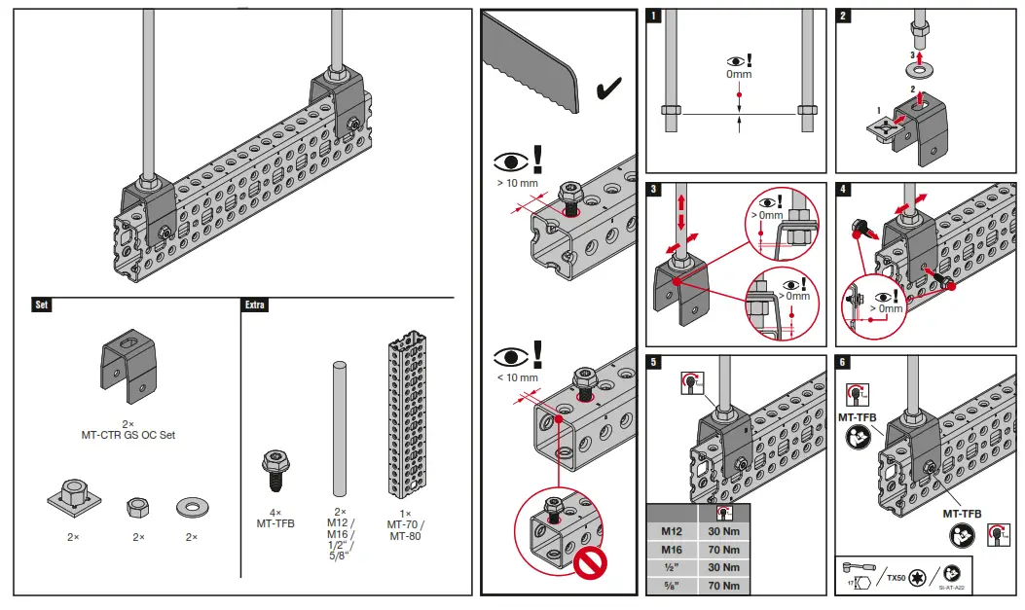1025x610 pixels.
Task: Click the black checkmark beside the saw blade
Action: pos(609,90)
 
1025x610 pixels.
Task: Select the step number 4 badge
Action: pos(844,189)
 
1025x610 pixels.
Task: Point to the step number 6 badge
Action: pos(844,362)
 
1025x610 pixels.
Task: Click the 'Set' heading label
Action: pos(42,305)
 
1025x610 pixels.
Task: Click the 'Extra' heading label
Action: pos(254,305)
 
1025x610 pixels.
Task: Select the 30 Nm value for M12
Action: pos(723,532)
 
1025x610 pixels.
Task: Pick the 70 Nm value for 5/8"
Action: pos(723,586)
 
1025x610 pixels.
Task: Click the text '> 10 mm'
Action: pos(517,183)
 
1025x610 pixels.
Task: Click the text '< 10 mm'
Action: pos(517,377)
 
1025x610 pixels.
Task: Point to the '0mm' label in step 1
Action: pos(740,74)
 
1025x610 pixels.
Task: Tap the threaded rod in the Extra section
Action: pos(340,428)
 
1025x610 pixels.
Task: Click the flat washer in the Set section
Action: pos(191,507)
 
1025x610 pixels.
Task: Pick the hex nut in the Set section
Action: pos(137,507)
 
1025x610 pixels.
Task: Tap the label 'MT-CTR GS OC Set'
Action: pos(128,435)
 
